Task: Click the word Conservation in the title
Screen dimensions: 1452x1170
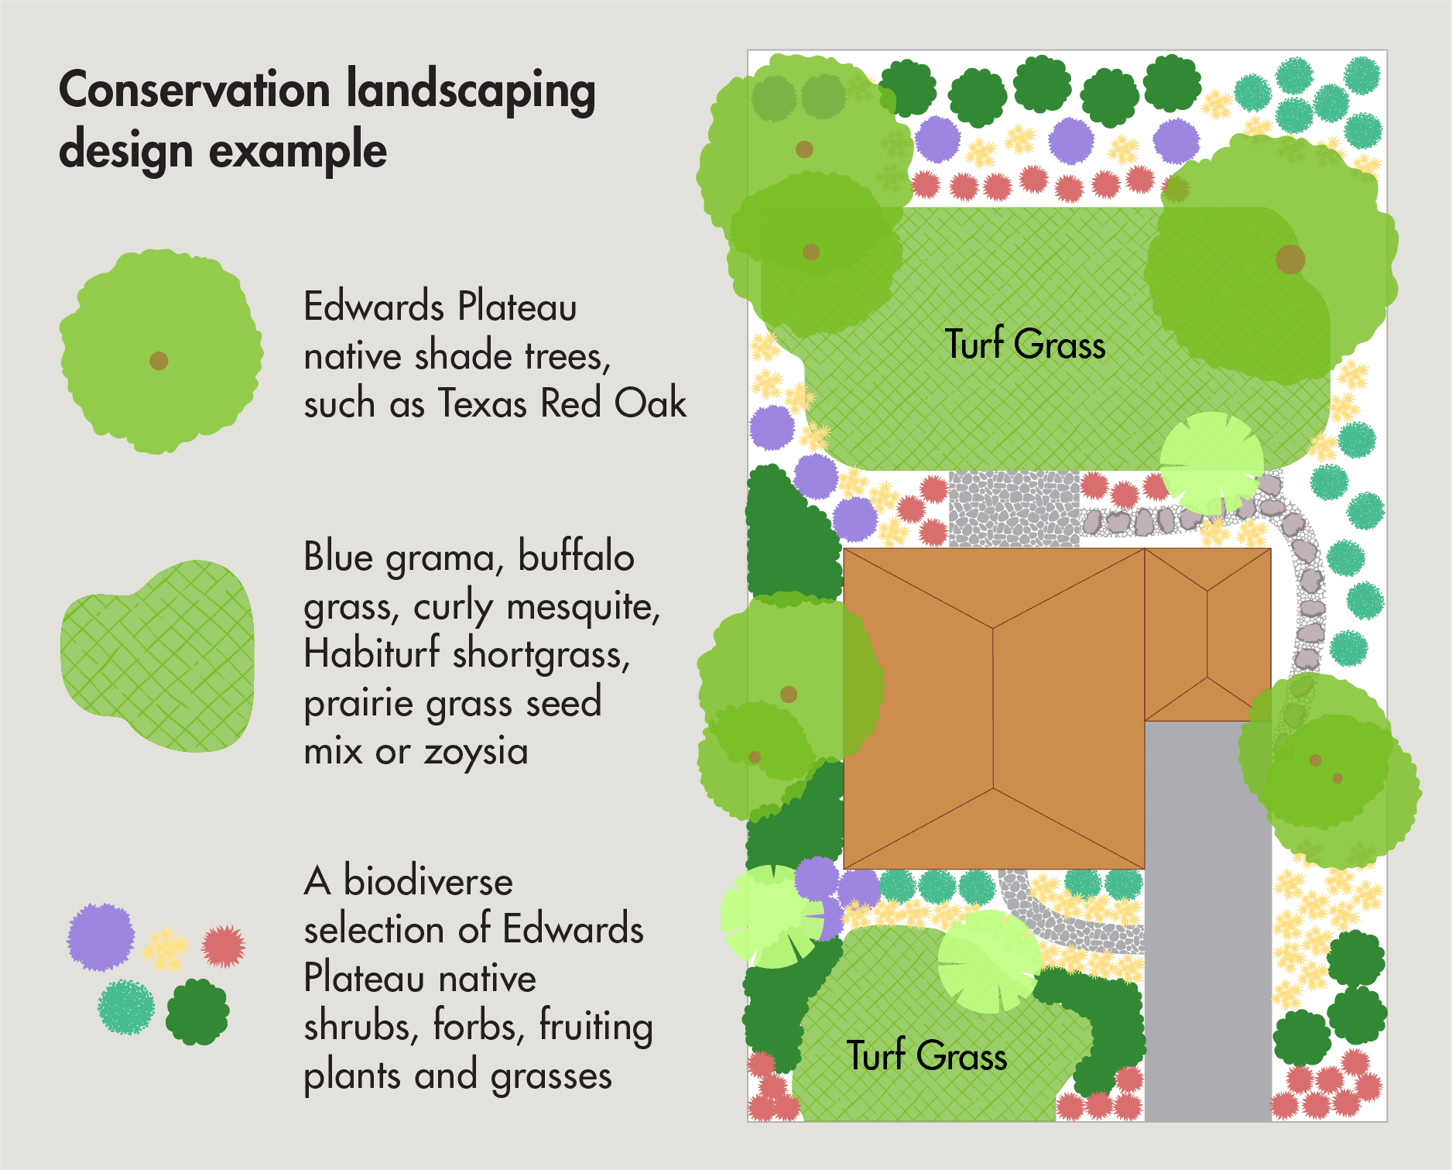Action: tap(194, 91)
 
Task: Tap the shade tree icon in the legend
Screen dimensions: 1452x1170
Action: tap(161, 352)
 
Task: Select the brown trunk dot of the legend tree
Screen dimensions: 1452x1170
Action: tap(159, 361)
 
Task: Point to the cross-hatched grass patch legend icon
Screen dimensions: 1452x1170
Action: tap(158, 656)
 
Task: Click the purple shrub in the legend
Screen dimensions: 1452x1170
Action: tap(101, 937)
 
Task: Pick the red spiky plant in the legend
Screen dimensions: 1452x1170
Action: tap(224, 945)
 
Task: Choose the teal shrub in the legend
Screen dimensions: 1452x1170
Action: tap(126, 1007)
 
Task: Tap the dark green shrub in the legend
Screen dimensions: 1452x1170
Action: tap(197, 1011)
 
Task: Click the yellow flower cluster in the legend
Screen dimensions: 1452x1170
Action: tap(166, 949)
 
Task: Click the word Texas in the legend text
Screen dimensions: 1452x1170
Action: tap(484, 403)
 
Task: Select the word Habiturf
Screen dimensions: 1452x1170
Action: tap(372, 654)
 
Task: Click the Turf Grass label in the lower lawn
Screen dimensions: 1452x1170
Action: tap(926, 1055)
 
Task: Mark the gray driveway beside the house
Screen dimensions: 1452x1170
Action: tap(1207, 921)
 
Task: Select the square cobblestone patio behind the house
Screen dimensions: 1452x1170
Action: tap(1014, 510)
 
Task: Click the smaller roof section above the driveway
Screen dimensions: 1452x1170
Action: tap(1207, 635)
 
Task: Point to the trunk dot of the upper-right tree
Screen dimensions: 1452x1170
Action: tap(1290, 259)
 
